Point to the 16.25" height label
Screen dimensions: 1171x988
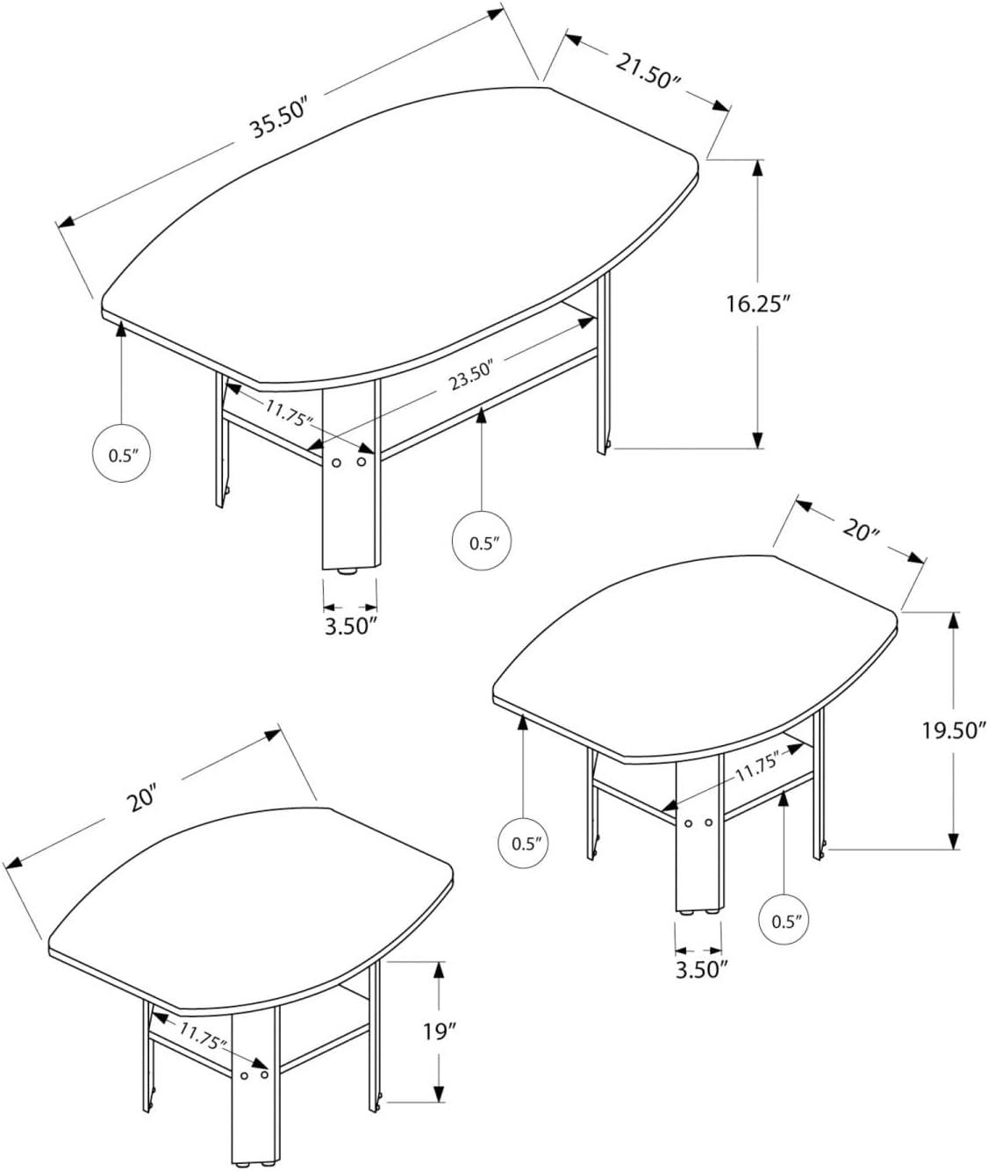click(758, 304)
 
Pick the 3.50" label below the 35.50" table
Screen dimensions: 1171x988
click(349, 626)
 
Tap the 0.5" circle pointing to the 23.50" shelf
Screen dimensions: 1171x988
click(482, 542)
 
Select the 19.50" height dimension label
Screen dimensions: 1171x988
click(955, 729)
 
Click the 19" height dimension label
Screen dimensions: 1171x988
click(439, 1031)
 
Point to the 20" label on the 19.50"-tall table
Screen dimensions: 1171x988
click(861, 530)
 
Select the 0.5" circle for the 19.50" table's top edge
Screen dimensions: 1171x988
click(525, 844)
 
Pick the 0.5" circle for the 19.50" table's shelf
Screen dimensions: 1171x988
click(784, 920)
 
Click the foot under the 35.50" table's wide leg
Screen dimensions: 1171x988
click(349, 571)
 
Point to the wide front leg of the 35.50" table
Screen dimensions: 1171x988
click(350, 492)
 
